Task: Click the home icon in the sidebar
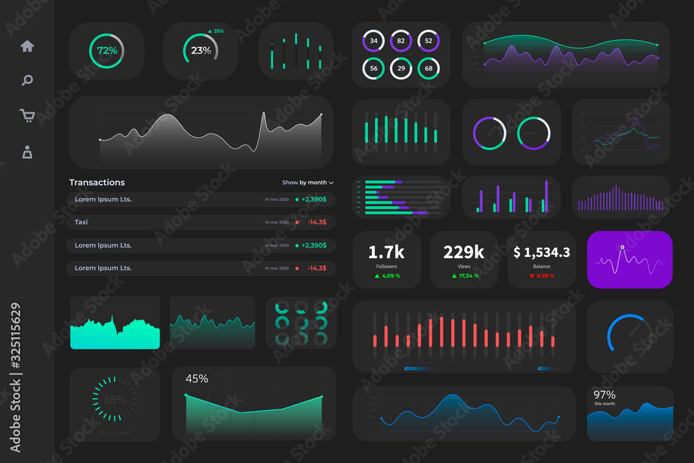pos(27,47)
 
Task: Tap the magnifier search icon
pos(27,81)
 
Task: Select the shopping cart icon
pos(27,116)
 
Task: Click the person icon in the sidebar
pos(27,152)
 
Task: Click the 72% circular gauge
pos(107,51)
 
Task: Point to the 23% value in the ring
pos(201,51)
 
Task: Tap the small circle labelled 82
pos(400,41)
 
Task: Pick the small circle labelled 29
pos(400,68)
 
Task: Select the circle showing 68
pos(428,68)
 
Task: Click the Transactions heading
pos(97,183)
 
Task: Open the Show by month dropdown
pos(307,183)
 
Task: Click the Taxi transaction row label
pos(81,222)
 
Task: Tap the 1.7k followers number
pos(387,252)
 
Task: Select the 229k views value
pos(464,252)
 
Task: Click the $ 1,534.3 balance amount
pos(541,253)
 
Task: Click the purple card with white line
pos(629,260)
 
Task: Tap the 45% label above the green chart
pos(196,378)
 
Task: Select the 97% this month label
pos(605,397)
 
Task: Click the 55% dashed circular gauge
pos(115,400)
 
